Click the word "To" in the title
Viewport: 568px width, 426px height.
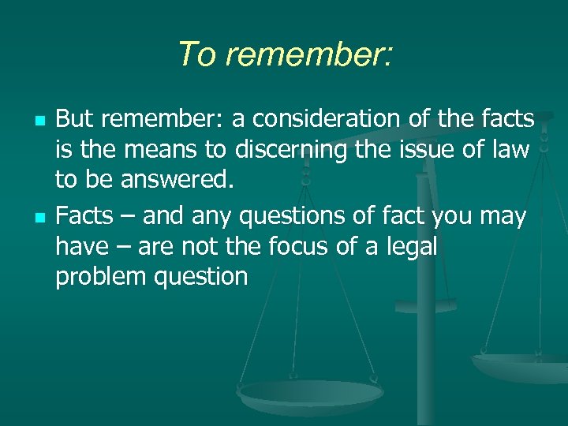192,54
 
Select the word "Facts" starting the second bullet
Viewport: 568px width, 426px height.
84,215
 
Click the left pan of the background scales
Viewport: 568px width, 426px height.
299,390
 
